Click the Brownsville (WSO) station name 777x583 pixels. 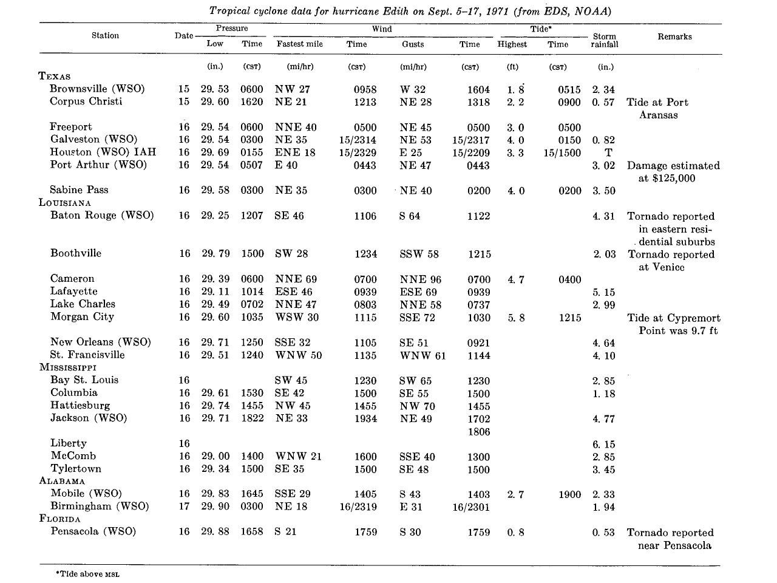pyautogui.click(x=97, y=89)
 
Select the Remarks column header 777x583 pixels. pyautogui.click(x=674, y=36)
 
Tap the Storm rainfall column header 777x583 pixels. pyautogui.click(x=605, y=40)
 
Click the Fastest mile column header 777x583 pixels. pyautogui.click(x=299, y=44)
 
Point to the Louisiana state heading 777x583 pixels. pyautogui.click(x=65, y=202)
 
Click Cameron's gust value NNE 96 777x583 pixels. pyautogui.click(x=421, y=279)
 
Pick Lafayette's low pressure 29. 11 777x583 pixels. pyautogui.click(x=215, y=291)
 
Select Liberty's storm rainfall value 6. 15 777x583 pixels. pyautogui.click(x=604, y=444)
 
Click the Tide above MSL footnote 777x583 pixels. pyautogui.click(x=88, y=574)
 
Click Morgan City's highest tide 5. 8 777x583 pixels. pyautogui.click(x=516, y=318)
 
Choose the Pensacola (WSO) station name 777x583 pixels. pyautogui.click(x=93, y=531)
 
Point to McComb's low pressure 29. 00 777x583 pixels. pyautogui.click(x=215, y=456)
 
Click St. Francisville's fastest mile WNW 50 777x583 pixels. pyautogui.click(x=299, y=355)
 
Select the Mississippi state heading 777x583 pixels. pyautogui.click(x=68, y=367)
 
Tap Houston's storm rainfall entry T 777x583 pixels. pyautogui.click(x=608, y=152)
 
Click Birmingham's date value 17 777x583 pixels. pyautogui.click(x=184, y=506)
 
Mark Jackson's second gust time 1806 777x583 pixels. pyautogui.click(x=479, y=432)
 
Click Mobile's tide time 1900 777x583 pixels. pyautogui.click(x=569, y=494)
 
